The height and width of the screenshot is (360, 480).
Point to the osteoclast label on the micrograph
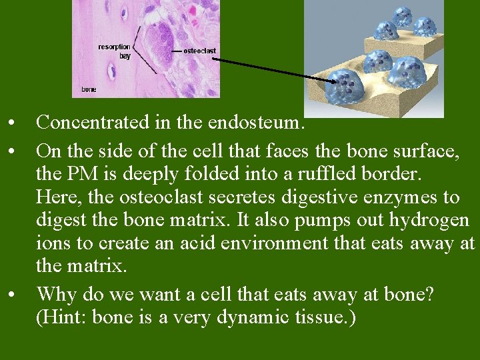pyautogui.click(x=199, y=51)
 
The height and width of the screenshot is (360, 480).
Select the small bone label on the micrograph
pyautogui.click(x=89, y=89)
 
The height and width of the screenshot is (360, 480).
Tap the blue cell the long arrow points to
pyautogui.click(x=347, y=83)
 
